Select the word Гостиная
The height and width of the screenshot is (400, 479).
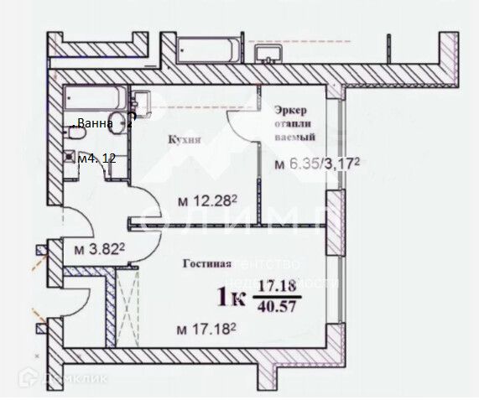[x=206, y=263]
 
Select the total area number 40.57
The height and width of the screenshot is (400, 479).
[x=279, y=307]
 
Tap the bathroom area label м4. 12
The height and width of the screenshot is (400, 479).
[x=96, y=158]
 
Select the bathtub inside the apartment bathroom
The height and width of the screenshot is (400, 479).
[x=94, y=97]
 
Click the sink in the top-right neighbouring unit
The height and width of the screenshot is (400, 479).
[x=271, y=52]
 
